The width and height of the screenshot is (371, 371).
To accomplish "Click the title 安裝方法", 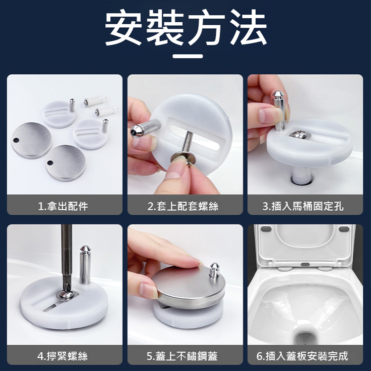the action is (185, 27).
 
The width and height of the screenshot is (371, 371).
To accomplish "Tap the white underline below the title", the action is (187, 56).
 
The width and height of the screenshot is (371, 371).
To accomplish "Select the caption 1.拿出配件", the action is (63, 206).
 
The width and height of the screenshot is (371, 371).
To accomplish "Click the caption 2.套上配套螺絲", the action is (183, 206).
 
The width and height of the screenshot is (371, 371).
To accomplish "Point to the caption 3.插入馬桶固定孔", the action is (303, 206).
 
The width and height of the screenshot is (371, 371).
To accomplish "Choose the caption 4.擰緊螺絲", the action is (62, 356).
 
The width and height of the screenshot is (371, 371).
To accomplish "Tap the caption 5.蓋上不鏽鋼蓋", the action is (182, 356).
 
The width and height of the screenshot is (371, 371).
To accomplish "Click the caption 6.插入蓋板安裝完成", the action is (302, 356).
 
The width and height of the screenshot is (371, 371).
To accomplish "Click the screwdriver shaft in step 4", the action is (66, 258).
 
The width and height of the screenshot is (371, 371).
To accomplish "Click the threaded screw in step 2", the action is (187, 141).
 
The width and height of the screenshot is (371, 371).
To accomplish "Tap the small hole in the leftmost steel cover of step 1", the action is (16, 140).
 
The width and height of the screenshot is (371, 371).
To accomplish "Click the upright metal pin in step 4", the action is (85, 265).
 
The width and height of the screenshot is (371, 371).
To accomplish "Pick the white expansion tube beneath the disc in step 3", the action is (302, 176).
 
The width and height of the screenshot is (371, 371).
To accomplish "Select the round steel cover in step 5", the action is (188, 287).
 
